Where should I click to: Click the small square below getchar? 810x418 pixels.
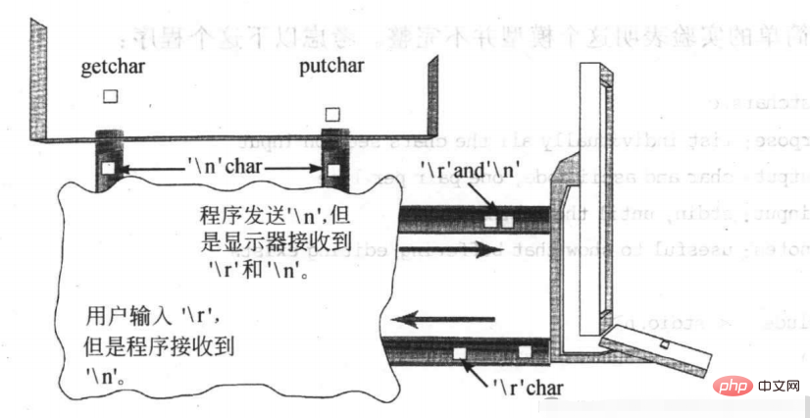tap(111, 96)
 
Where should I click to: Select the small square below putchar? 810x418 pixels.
tap(334, 113)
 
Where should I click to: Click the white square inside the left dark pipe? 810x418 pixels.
tap(109, 170)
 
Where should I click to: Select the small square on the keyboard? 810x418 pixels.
tap(665, 344)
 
